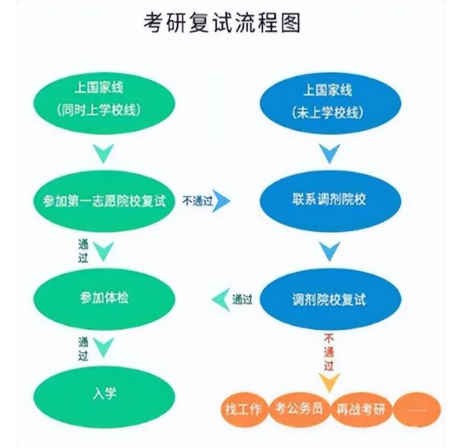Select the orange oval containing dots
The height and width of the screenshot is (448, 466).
pyautogui.click(x=417, y=408)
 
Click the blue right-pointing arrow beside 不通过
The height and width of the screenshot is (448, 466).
pyautogui.click(x=222, y=200)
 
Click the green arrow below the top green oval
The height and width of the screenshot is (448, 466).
pyautogui.click(x=103, y=153)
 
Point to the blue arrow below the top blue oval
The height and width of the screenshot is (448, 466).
pyautogui.click(x=329, y=153)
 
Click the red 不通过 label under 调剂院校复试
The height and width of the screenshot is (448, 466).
pyautogui.click(x=329, y=351)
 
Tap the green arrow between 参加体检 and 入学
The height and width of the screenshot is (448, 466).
pyautogui.click(x=103, y=346)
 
